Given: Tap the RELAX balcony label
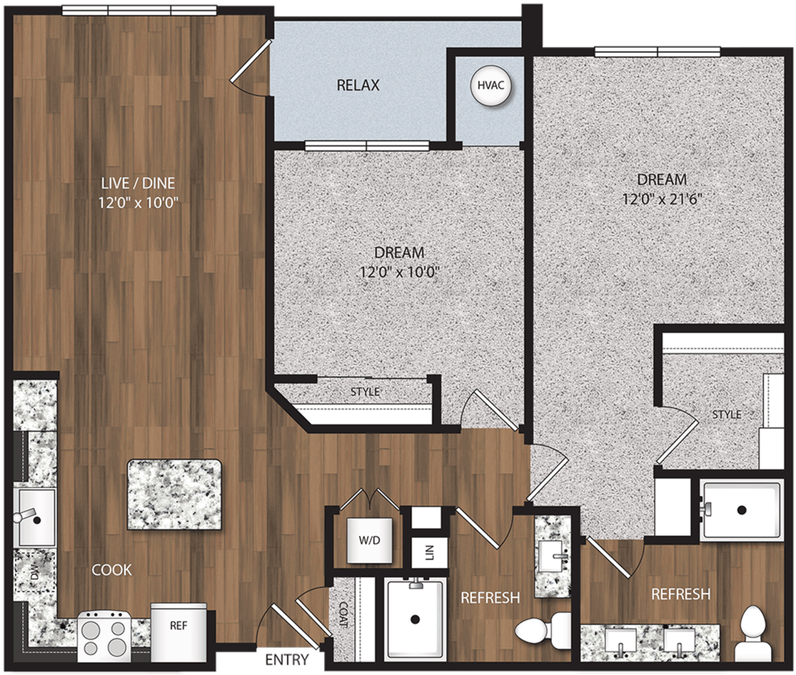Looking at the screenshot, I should click(x=358, y=86).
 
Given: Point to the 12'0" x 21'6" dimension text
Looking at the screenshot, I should click(x=658, y=200).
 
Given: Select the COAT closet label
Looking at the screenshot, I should click(x=343, y=614).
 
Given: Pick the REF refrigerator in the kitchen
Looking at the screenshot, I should click(x=178, y=626).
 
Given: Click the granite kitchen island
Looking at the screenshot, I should click(x=174, y=494).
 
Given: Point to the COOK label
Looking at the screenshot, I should click(x=111, y=569).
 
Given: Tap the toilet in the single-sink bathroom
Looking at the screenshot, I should click(x=539, y=629).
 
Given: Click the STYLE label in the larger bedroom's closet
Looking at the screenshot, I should click(x=726, y=415).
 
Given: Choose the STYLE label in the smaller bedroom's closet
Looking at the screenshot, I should click(x=365, y=392).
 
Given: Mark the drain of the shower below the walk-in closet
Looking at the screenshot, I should click(x=742, y=510).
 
